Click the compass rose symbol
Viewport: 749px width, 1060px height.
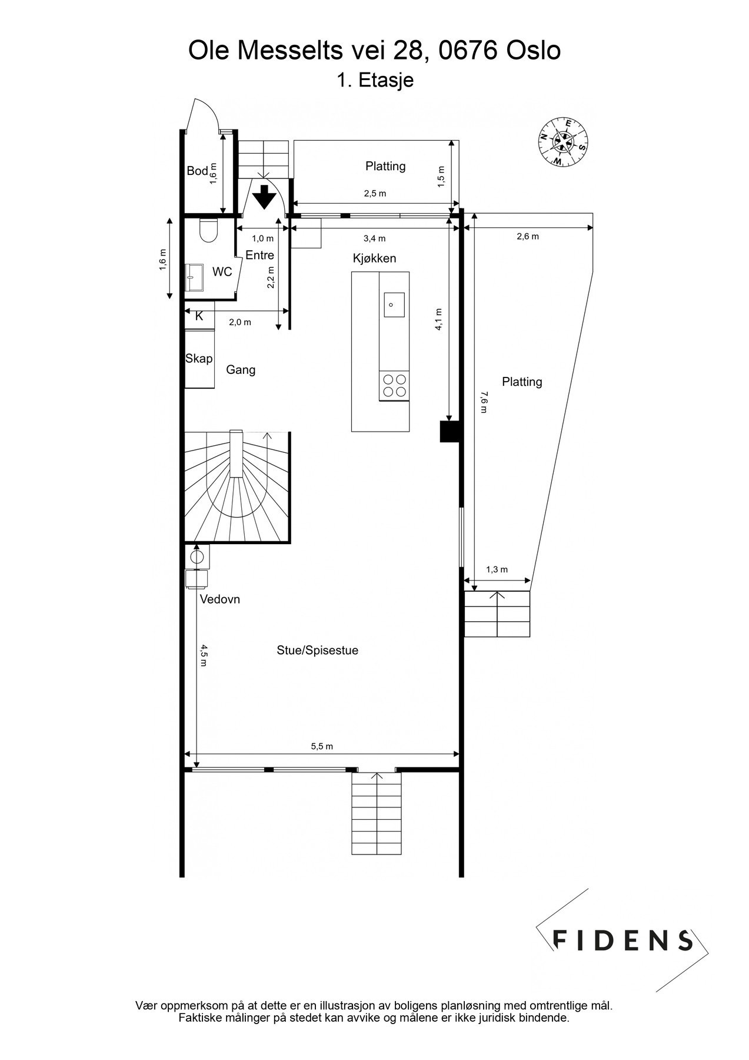click(x=562, y=142)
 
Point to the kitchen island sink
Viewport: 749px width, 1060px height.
click(x=394, y=304)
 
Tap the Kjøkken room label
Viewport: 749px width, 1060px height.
click(x=374, y=258)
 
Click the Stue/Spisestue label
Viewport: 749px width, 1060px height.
click(x=317, y=650)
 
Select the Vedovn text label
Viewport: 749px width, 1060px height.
click(x=219, y=599)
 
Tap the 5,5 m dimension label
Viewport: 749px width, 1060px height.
click(x=322, y=746)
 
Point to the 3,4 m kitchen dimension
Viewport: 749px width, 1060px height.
click(x=375, y=238)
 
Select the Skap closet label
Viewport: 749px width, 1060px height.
click(x=199, y=358)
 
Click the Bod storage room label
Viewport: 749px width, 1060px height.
click(x=197, y=171)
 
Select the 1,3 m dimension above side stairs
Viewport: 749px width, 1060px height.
click(x=497, y=569)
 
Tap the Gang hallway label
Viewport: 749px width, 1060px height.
click(x=241, y=370)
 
